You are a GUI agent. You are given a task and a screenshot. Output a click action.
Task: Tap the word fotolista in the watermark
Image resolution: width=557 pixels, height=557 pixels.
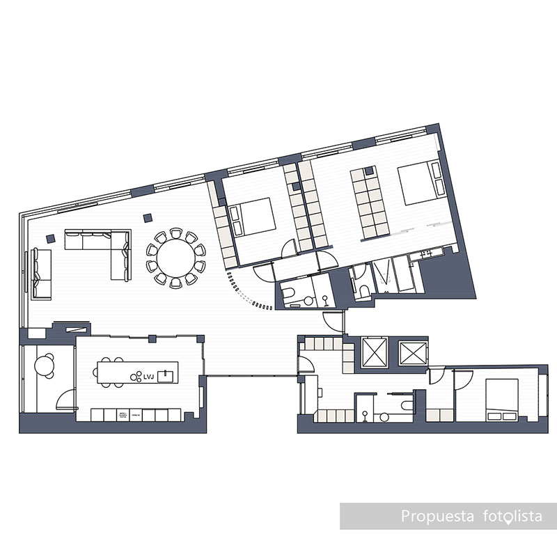(x=511, y=517)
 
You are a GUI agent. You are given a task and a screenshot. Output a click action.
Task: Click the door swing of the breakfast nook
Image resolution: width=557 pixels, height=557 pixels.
(x=66, y=400)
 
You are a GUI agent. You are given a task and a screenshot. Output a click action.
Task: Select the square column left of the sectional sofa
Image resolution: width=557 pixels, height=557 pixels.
(x=50, y=238)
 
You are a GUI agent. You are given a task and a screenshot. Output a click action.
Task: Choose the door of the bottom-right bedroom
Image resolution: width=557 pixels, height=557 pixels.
(x=441, y=379)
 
